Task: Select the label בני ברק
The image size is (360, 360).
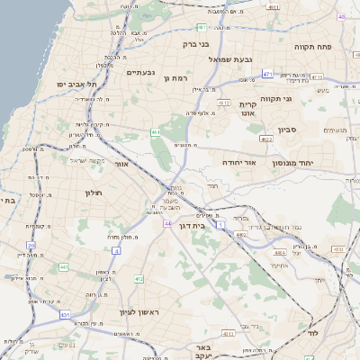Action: click(195, 43)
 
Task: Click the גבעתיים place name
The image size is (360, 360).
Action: click(140, 72)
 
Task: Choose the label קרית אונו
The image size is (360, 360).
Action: click(249, 109)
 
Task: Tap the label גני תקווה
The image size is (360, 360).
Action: click(300, 99)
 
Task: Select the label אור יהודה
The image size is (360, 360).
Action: click(239, 162)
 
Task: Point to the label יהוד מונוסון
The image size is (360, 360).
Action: click(310, 162)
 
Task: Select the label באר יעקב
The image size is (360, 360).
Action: click(204, 351)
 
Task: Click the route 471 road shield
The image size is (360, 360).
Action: click(268, 73)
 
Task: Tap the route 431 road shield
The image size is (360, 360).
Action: click(64, 314)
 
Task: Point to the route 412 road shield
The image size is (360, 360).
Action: click(139, 279)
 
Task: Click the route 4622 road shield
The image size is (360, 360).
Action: click(266, 139)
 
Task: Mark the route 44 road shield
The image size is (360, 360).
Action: click(167, 222)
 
